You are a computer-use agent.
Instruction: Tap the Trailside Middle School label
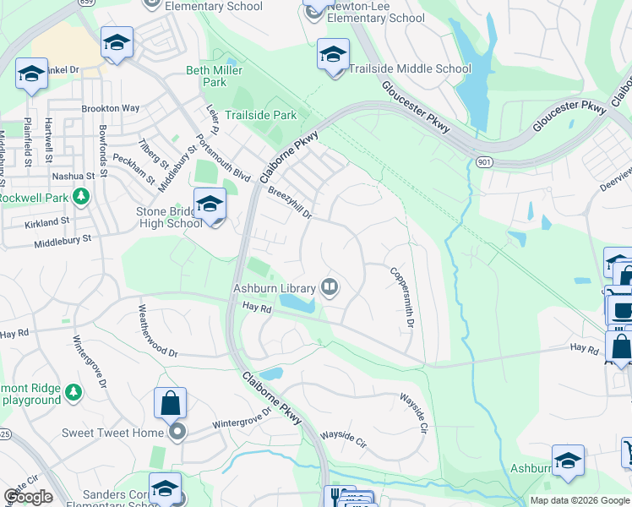410,68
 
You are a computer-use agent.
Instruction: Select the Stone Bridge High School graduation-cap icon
210,204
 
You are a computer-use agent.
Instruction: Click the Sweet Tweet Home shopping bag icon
170,403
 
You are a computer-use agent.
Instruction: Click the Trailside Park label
260,114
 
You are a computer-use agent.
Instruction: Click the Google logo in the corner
28,497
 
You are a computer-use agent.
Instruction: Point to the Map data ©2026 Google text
579,500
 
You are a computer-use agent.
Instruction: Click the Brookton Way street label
111,109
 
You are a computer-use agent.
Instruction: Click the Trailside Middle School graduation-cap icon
333,55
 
